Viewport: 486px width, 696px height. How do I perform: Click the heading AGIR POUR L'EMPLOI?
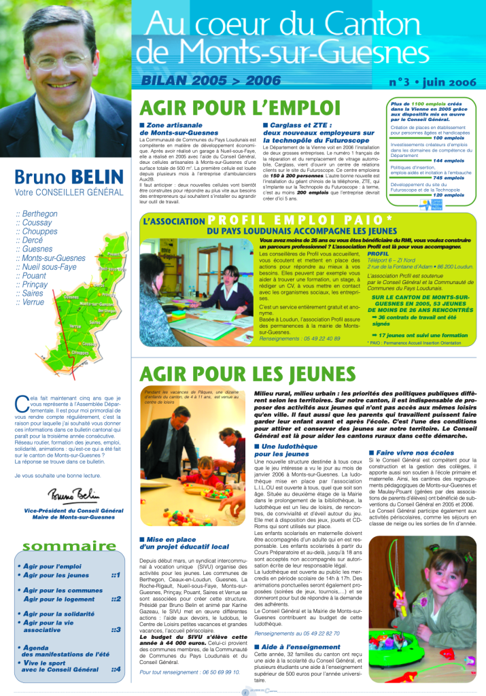coord(239,109)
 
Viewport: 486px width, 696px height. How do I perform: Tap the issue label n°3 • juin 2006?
coord(430,82)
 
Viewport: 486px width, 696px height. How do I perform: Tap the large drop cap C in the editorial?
coord(20,402)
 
